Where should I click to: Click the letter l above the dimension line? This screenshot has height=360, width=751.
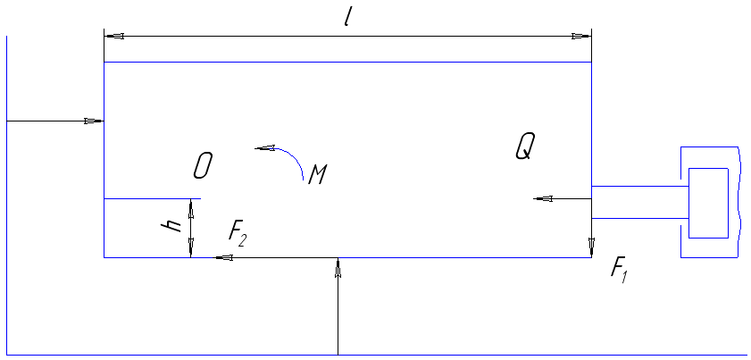[x=347, y=17]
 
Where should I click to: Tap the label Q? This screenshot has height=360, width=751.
[x=524, y=145]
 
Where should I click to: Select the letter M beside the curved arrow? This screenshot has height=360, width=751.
[x=316, y=173]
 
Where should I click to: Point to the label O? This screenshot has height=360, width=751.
[x=203, y=165]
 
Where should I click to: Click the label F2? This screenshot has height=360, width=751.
[x=237, y=233]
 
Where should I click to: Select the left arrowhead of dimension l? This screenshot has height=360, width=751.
[x=113, y=37]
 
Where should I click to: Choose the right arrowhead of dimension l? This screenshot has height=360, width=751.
[x=581, y=37]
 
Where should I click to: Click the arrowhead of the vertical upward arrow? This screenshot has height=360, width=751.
[x=338, y=267]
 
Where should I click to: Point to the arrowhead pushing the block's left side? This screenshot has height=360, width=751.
[x=95, y=121]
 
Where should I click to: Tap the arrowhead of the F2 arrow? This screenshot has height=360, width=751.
[x=224, y=258]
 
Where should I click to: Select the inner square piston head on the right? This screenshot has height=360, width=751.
[x=708, y=202]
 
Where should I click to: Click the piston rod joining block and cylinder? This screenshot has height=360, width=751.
[x=639, y=202]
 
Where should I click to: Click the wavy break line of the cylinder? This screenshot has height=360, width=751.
[x=739, y=202]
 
